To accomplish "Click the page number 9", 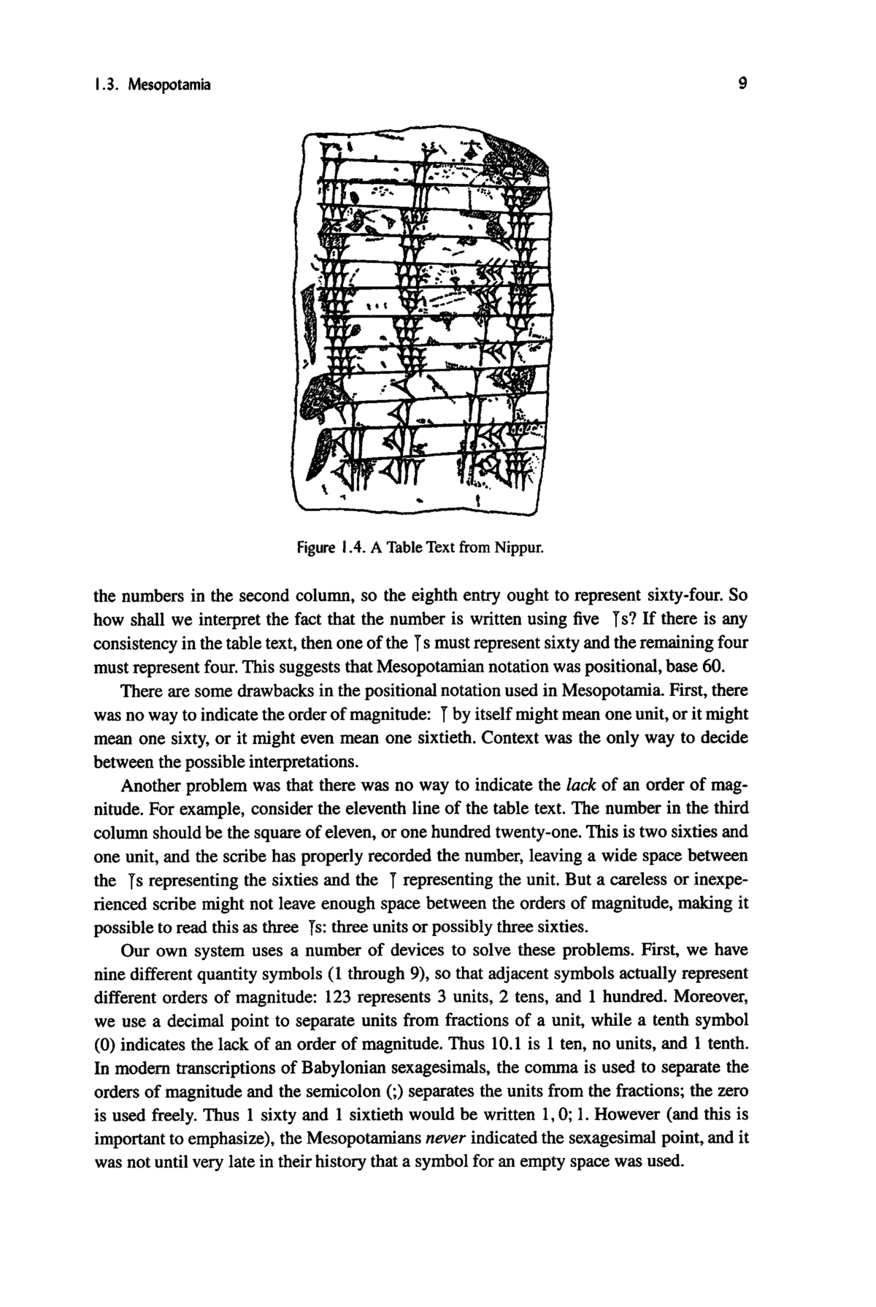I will pyautogui.click(x=742, y=85).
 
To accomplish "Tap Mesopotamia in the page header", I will pyautogui.click(x=169, y=85).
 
